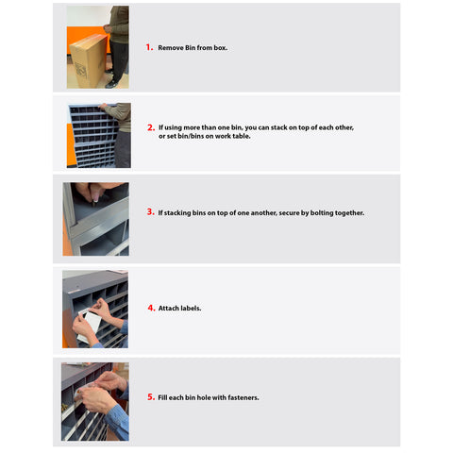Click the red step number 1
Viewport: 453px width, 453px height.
coord(149,47)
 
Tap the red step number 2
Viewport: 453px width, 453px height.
coord(151,127)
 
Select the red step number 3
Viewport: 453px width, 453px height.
coord(151,212)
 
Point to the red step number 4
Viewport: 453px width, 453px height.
coord(151,308)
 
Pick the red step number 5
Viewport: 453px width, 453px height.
coord(151,397)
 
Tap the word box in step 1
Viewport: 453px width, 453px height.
coord(220,48)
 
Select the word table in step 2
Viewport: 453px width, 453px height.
coord(242,136)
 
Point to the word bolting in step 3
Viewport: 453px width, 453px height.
coord(322,213)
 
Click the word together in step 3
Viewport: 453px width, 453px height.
coord(349,213)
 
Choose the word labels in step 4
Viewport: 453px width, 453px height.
coord(191,309)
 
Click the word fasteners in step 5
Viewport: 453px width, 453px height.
coord(243,397)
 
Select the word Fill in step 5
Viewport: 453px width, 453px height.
coord(162,397)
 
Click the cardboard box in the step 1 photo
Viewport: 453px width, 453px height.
coord(89,60)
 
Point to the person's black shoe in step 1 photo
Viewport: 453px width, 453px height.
coord(112,84)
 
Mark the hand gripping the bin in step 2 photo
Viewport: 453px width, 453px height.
coord(103,107)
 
